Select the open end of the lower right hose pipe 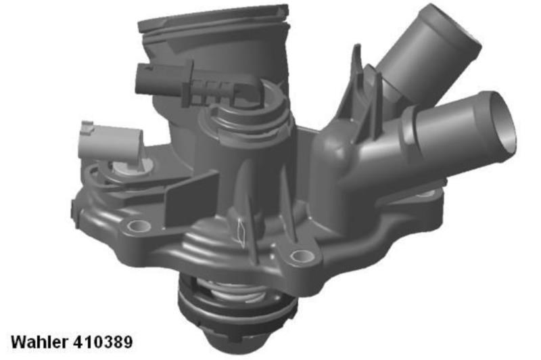[502, 122]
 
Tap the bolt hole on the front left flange [139, 226]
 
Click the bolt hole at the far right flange [427, 194]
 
